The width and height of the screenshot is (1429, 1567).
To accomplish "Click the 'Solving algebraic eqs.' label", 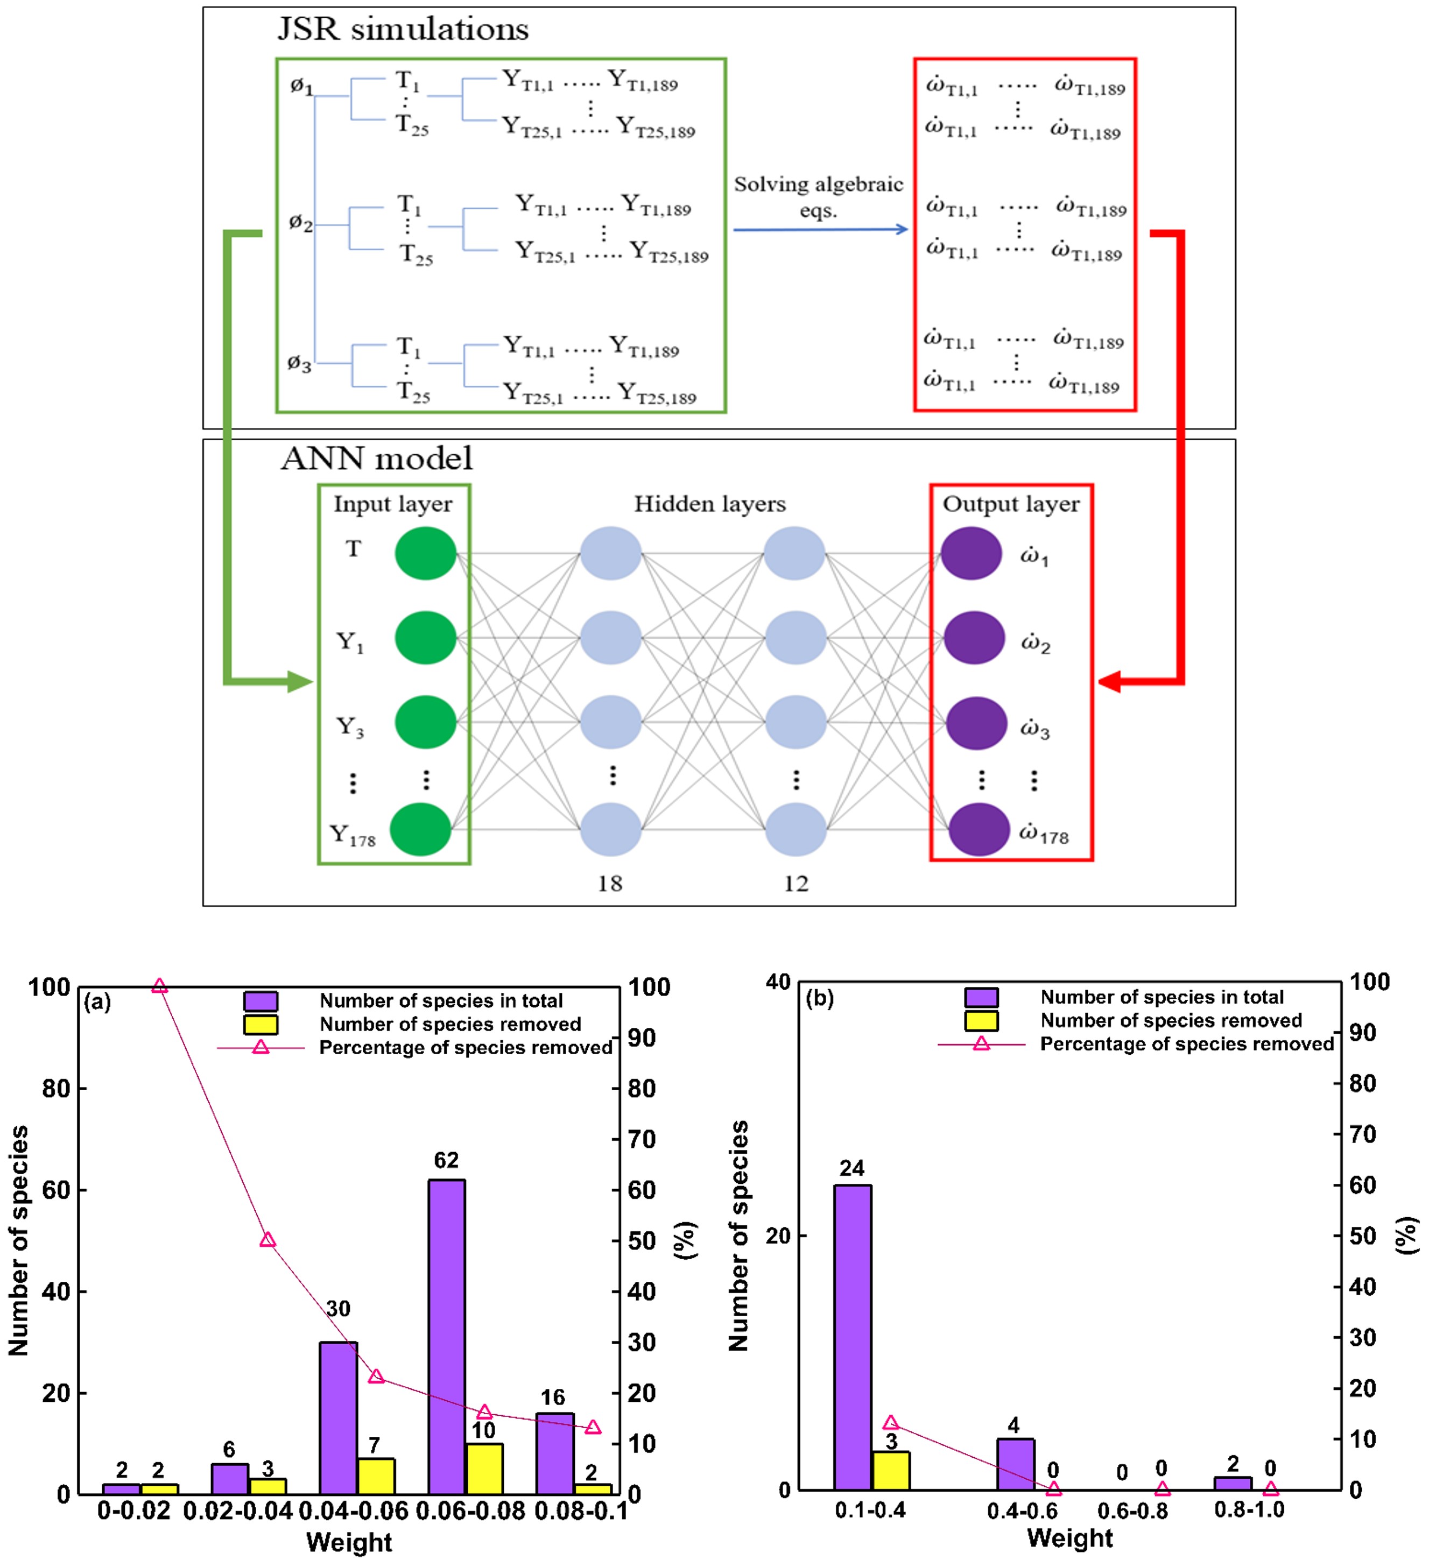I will pos(818,196).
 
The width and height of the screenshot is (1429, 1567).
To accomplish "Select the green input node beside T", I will pos(425,553).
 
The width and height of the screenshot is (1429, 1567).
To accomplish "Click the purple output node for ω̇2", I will pos(974,637).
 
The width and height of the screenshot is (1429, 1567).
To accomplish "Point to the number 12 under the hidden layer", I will pos(796,884).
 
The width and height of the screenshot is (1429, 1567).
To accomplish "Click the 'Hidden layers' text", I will pos(710,504).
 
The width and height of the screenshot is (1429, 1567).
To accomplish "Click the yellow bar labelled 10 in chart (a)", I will pos(483,1469).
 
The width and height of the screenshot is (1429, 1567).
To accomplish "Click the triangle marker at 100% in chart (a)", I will pos(159,986).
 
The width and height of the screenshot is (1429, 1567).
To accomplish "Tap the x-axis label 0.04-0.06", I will pos(354,1512).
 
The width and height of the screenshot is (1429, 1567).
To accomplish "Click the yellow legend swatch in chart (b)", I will pos(981,1021).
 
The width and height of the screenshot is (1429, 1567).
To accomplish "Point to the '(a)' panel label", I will pos(97,1002).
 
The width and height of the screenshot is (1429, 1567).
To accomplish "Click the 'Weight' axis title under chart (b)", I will pos(1070,1538).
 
